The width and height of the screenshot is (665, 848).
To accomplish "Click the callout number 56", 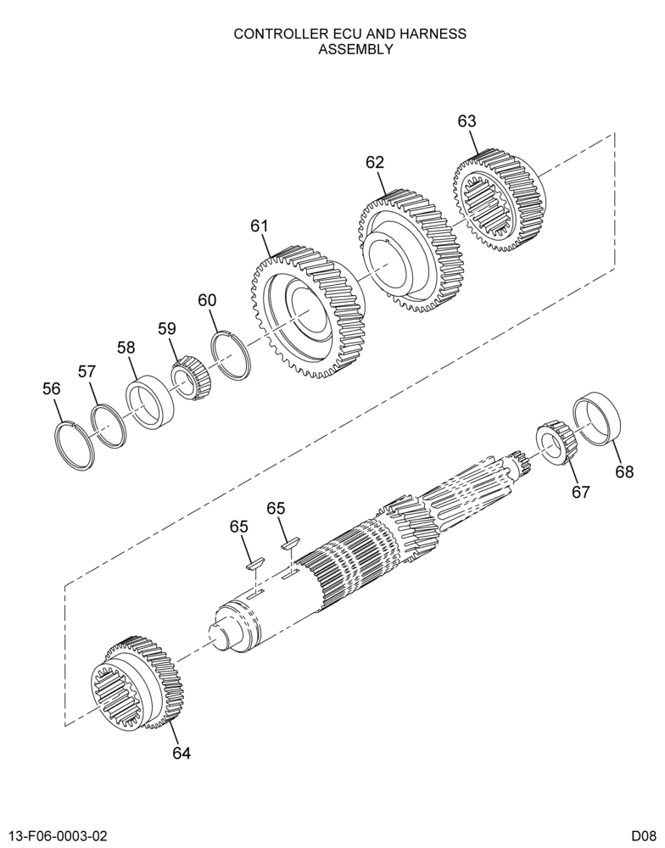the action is click(52, 388).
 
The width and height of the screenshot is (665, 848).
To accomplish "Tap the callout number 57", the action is click(87, 371).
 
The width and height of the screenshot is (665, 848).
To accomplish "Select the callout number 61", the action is click(260, 226).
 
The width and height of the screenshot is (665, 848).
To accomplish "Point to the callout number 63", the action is click(467, 121).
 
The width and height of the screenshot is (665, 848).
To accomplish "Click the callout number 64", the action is click(182, 753).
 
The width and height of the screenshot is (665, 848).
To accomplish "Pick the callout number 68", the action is click(624, 471).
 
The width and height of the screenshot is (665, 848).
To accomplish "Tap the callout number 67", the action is click(580, 492).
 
